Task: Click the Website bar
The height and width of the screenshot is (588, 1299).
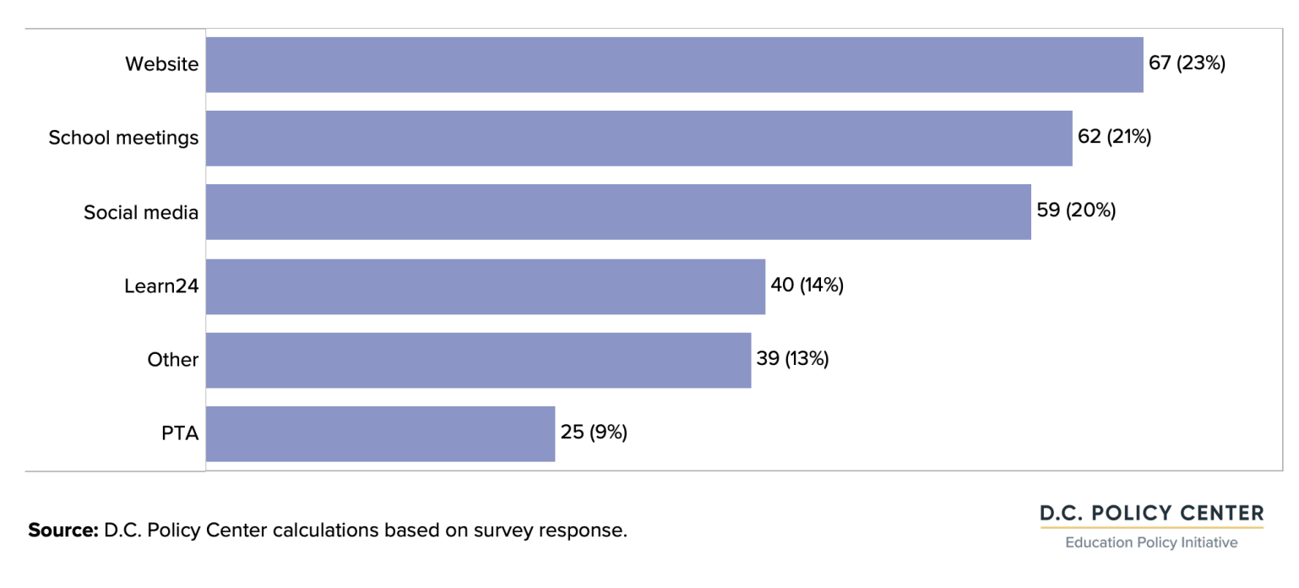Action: (675, 65)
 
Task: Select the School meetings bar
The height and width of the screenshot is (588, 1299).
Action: (639, 139)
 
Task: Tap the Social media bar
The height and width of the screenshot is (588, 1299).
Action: (618, 212)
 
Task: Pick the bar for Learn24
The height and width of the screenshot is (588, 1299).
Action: (486, 286)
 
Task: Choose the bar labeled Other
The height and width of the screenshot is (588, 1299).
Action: (478, 360)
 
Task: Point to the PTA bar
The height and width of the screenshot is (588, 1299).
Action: (380, 433)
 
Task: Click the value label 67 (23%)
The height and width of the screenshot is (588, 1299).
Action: (1187, 63)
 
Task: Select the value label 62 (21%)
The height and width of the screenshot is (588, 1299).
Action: (1115, 136)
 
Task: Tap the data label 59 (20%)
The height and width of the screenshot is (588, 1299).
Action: (1076, 210)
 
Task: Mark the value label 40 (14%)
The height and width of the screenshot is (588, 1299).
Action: (807, 285)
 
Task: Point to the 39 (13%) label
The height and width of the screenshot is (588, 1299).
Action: (793, 358)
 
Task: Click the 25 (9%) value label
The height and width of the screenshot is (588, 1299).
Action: (594, 432)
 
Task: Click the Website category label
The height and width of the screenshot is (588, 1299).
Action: (162, 64)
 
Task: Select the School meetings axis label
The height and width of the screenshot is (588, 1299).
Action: (123, 138)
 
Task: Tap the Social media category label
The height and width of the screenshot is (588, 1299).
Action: (141, 212)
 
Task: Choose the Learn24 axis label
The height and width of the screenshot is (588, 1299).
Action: (161, 286)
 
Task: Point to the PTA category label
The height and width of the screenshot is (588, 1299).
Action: (180, 433)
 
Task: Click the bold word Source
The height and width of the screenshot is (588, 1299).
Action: (63, 530)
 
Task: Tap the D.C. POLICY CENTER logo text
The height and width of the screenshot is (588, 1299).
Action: (1152, 513)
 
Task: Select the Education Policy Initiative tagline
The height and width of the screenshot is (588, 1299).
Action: (1152, 542)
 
